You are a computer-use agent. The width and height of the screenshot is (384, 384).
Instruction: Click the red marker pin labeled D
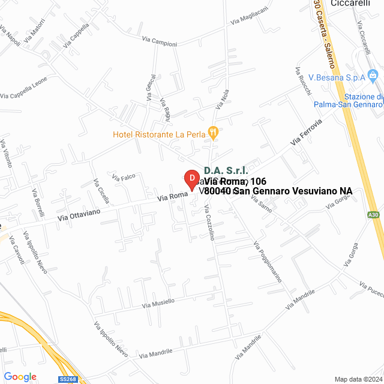click(x=191, y=179)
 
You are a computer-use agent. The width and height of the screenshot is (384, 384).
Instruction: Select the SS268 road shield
click(x=68, y=379)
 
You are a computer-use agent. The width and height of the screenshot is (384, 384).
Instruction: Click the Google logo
click(x=20, y=376)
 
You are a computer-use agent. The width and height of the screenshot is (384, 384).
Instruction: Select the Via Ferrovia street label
click(x=306, y=132)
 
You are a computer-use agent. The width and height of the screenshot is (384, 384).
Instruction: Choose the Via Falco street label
click(x=125, y=177)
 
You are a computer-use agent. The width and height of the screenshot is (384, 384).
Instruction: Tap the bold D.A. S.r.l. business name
click(x=226, y=171)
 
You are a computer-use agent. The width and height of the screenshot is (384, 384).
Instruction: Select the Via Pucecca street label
click(x=371, y=289)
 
